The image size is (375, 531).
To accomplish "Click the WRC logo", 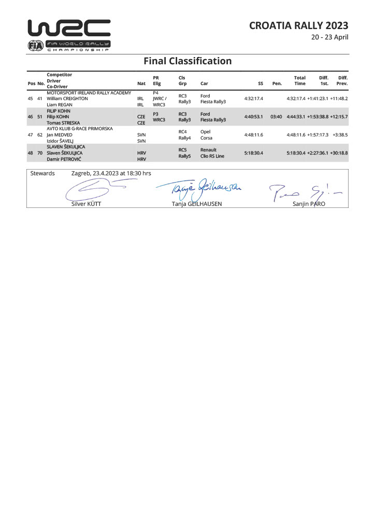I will pyautogui.click(x=69, y=34).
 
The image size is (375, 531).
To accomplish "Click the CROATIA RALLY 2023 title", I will pyautogui.click(x=298, y=25).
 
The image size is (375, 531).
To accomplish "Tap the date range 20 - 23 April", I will pyautogui.click(x=329, y=37).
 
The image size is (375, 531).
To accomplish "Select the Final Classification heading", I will pyautogui.click(x=187, y=61).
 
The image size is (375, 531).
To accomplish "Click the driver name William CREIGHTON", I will pyautogui.click(x=67, y=99).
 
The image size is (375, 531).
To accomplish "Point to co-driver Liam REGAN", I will pyautogui.click(x=60, y=105).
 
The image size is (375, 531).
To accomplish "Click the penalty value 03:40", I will pyautogui.click(x=276, y=117).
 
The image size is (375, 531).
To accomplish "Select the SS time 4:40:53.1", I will pyautogui.click(x=254, y=117).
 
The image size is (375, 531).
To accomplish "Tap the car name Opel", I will pyautogui.click(x=205, y=132).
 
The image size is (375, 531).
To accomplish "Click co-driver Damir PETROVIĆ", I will pyautogui.click(x=65, y=159).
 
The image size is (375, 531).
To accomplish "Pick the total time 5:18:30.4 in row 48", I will pyautogui.click(x=296, y=153).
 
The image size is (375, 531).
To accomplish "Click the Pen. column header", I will pyautogui.click(x=277, y=83).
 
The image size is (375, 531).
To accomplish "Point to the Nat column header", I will pyautogui.click(x=141, y=83).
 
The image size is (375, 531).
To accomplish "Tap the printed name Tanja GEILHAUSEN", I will pyautogui.click(x=196, y=204).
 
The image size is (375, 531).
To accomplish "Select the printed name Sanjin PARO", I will pyautogui.click(x=309, y=204).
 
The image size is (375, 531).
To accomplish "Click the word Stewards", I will pyautogui.click(x=42, y=173).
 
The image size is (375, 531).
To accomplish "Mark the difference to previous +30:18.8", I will pyautogui.click(x=339, y=153).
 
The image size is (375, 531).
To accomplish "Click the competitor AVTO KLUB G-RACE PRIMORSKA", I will pyautogui.click(x=79, y=129).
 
